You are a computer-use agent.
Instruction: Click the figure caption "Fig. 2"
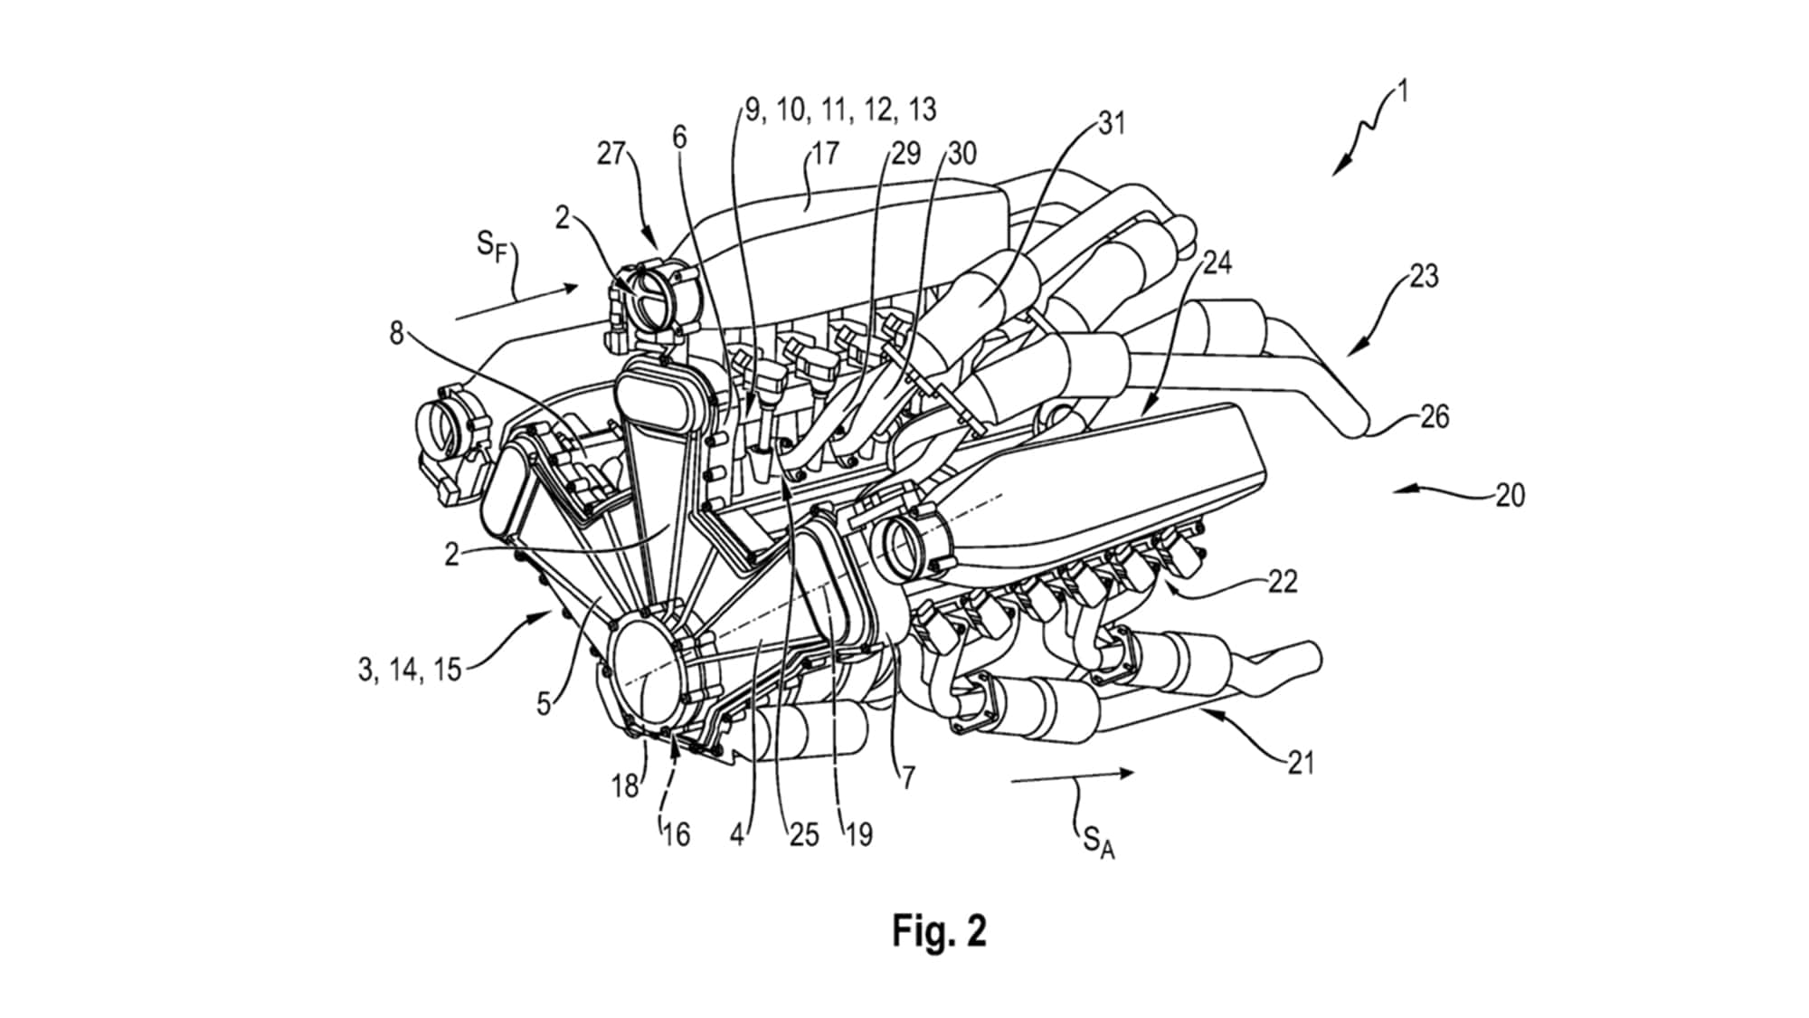[x=939, y=931]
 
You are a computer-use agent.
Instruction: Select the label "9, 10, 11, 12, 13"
[x=840, y=109]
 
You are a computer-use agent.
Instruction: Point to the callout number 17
[x=824, y=153]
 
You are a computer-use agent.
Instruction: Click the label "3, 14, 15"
[x=410, y=671]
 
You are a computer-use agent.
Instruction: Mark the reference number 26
[x=1435, y=417]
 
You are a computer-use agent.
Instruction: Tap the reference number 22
[x=1283, y=581]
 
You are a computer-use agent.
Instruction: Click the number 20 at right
[x=1510, y=495]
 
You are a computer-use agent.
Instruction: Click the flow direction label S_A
[x=1098, y=844]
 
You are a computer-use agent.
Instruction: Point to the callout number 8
[x=396, y=333]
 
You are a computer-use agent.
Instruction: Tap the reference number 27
[x=611, y=154]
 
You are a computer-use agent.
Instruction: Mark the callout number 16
[x=676, y=833]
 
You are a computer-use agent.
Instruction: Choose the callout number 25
[x=803, y=833]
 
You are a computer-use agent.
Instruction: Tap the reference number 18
[x=625, y=786]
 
